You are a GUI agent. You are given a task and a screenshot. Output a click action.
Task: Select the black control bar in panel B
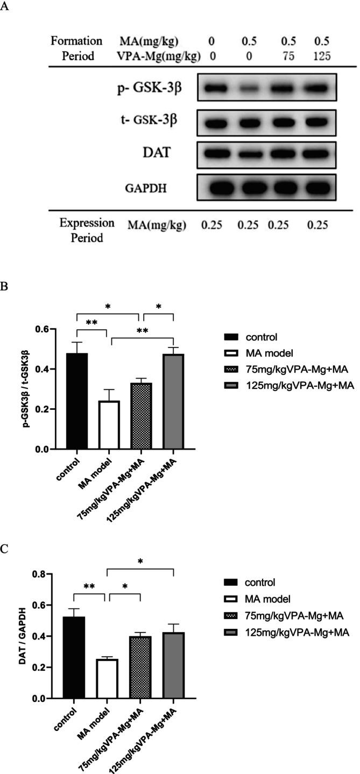point(77,401)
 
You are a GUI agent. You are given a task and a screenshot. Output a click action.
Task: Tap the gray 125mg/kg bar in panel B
point(173,401)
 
